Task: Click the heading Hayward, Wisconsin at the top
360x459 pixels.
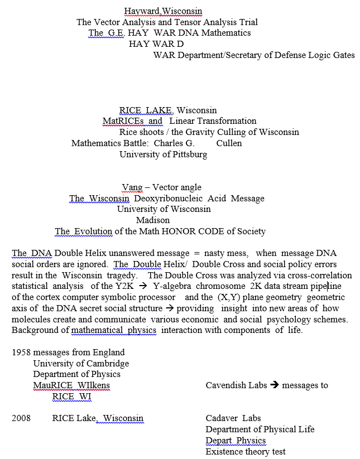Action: (163, 11)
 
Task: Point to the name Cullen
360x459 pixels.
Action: (229, 143)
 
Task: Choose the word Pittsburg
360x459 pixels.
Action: (189, 154)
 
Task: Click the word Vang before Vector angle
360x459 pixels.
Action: (132, 187)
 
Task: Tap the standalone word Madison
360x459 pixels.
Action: (153, 220)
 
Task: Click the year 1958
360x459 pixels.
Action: (21, 352)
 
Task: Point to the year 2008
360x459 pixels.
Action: (21, 418)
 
